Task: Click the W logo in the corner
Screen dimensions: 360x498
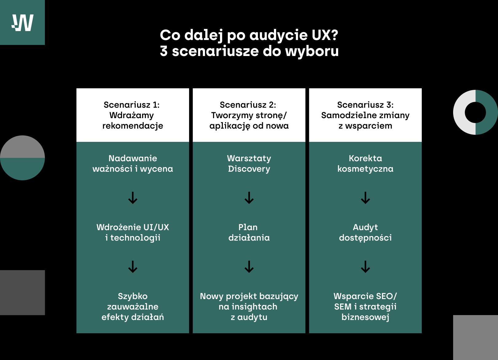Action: (x=22, y=22)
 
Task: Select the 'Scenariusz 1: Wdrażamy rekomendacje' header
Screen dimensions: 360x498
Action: (x=133, y=115)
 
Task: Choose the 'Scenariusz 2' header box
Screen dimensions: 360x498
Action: (x=249, y=115)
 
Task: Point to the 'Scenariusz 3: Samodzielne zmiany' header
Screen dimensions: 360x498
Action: (x=365, y=115)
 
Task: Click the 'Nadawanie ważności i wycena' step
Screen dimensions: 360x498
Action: (x=133, y=163)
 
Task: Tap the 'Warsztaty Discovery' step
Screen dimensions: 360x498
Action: (x=249, y=163)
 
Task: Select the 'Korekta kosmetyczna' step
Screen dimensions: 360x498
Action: (x=365, y=163)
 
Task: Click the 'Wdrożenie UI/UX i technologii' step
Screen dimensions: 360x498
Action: (x=133, y=232)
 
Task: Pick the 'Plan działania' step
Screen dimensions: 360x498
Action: (x=249, y=232)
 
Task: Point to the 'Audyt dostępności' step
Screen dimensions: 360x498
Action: (x=365, y=232)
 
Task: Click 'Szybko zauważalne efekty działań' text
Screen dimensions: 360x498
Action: (x=133, y=306)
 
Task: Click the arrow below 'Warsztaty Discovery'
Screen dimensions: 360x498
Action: (x=249, y=198)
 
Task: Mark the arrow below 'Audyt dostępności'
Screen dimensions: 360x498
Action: (x=365, y=267)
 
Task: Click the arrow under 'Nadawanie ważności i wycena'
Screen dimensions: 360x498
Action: (x=133, y=198)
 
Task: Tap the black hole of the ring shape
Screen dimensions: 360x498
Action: (x=475, y=112)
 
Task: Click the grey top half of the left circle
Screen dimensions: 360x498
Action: (x=22, y=148)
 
